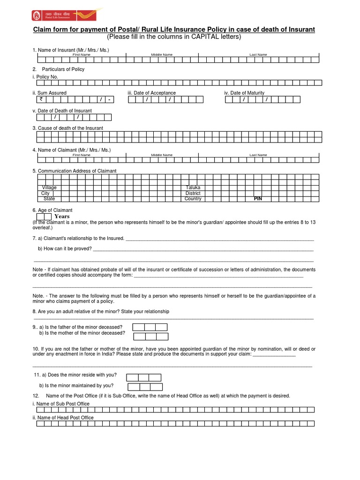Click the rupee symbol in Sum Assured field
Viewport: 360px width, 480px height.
tap(41, 100)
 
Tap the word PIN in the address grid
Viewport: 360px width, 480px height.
tap(258, 199)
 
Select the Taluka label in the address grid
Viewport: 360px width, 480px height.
tap(194, 187)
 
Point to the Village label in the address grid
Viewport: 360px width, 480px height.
tap(49, 187)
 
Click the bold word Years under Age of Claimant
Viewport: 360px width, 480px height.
tap(62, 217)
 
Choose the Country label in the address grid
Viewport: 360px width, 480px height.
tap(193, 199)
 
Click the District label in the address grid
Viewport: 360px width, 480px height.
tap(193, 193)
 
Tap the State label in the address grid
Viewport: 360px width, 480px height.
tap(49, 199)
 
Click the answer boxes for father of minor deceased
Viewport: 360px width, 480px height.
tap(150, 327)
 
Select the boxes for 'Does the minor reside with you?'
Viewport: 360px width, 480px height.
tap(143, 377)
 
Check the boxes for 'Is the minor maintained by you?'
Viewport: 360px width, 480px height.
tap(145, 387)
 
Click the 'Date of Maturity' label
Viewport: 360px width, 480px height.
tap(244, 93)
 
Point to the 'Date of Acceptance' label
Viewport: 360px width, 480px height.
tap(151, 93)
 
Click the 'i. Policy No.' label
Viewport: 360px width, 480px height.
tap(45, 76)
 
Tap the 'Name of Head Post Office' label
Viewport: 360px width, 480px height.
tap(63, 418)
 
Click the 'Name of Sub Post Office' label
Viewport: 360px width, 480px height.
tap(61, 404)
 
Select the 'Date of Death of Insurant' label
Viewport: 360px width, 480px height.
tap(62, 111)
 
